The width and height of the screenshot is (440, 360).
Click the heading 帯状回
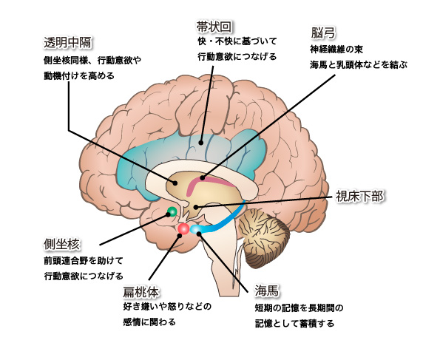(x=214, y=27)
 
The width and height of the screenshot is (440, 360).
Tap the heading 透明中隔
(x=68, y=43)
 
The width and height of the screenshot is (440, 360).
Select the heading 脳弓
(x=323, y=33)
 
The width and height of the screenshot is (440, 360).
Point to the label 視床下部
(x=359, y=196)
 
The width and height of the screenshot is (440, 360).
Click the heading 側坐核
(x=61, y=245)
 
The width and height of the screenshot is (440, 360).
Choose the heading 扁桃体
(x=141, y=292)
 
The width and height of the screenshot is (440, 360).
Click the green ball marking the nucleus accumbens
(x=172, y=211)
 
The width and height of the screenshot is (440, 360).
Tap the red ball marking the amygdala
(x=183, y=228)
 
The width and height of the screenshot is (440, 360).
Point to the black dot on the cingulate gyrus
(x=201, y=143)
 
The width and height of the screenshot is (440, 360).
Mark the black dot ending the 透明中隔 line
(x=175, y=183)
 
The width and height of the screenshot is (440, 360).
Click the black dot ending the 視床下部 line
(x=196, y=207)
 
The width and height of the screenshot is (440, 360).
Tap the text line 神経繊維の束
(x=336, y=50)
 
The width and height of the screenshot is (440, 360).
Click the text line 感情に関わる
(x=149, y=322)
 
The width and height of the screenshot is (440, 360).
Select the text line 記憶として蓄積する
(x=294, y=323)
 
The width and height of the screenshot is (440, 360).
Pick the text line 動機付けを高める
(x=79, y=75)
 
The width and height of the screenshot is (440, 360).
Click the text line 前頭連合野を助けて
(x=84, y=261)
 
